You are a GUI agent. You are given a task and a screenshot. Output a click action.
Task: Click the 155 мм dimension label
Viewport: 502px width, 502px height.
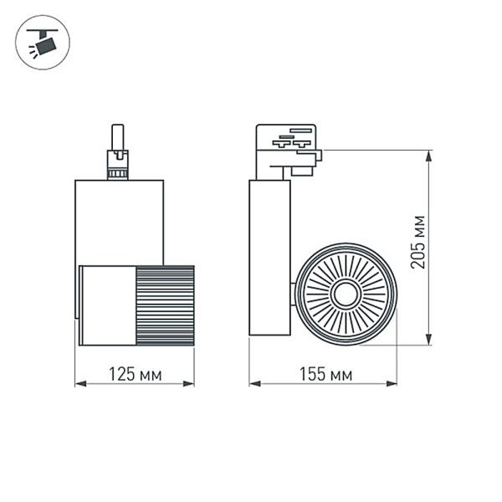click(x=326, y=374)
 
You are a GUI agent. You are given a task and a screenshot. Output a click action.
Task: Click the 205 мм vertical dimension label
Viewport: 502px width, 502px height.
click(x=418, y=243)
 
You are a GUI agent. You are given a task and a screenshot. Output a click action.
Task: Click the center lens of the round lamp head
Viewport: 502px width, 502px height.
click(x=345, y=293)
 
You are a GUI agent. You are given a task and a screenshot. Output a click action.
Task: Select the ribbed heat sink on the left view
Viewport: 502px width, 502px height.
click(x=165, y=305)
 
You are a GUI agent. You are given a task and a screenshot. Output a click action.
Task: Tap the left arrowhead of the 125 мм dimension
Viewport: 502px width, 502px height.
click(x=79, y=384)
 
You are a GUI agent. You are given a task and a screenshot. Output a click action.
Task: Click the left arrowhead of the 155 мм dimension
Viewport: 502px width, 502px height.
click(x=254, y=384)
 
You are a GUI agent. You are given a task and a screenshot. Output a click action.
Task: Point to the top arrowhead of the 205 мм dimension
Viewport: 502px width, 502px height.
click(x=429, y=155)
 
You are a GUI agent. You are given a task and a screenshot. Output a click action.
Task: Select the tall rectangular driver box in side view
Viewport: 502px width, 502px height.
click(x=269, y=258)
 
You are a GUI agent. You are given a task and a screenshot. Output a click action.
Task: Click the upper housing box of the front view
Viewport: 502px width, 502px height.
click(x=119, y=222)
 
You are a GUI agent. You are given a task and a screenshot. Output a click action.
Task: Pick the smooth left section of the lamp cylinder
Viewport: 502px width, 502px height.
click(x=107, y=305)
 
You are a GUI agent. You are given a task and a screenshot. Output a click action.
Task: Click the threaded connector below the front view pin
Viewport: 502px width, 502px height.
click(x=117, y=165)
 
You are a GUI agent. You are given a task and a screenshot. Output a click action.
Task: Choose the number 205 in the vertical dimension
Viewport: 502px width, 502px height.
click(x=418, y=254)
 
